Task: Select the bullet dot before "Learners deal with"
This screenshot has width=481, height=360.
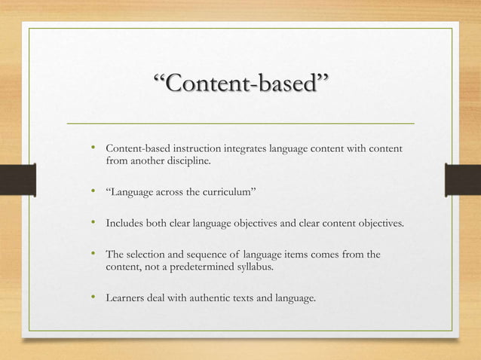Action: coord(93,299)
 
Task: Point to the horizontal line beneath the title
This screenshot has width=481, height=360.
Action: coord(241,122)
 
